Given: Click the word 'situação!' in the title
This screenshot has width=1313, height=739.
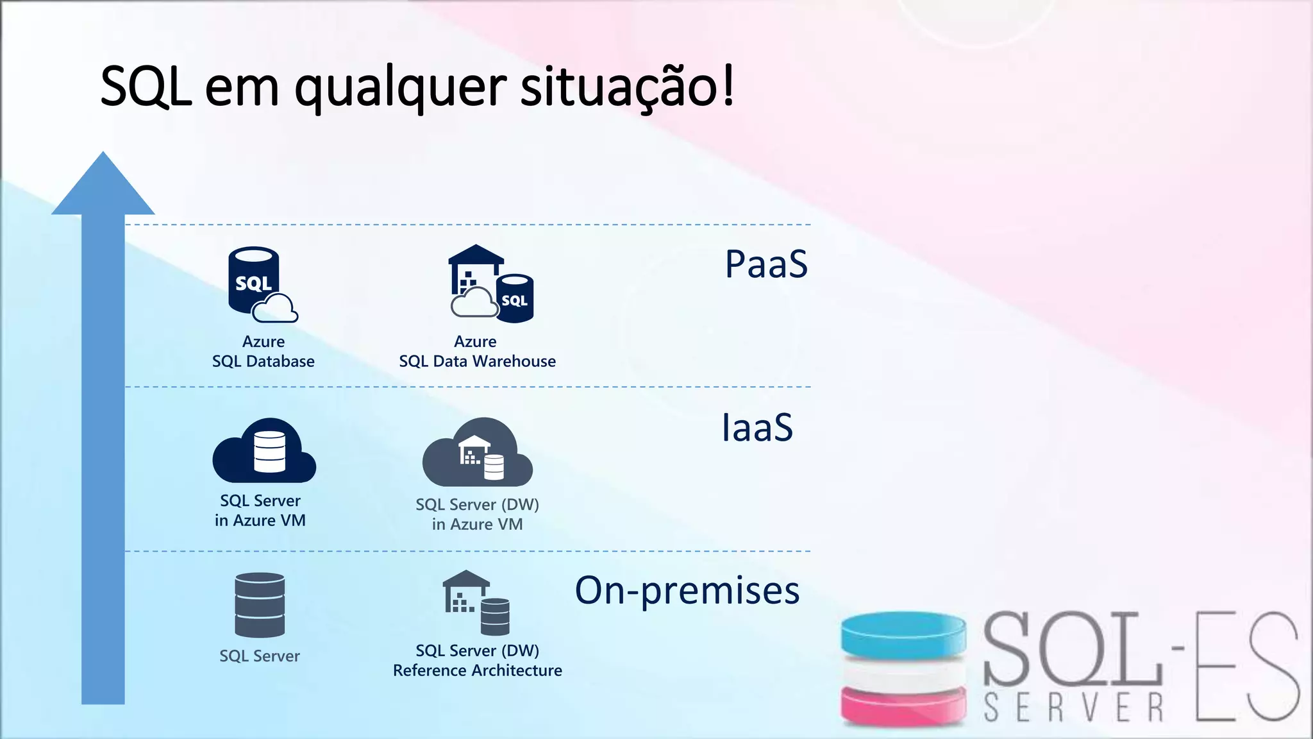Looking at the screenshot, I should click(x=626, y=87).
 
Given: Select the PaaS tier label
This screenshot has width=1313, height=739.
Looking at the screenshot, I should click(x=766, y=264).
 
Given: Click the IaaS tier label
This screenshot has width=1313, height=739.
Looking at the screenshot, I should click(x=757, y=428).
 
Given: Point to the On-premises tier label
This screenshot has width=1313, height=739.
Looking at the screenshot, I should click(x=687, y=590).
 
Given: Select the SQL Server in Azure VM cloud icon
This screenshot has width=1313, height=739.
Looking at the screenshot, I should click(x=264, y=452).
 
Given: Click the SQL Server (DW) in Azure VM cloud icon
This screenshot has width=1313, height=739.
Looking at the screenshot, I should click(x=478, y=452).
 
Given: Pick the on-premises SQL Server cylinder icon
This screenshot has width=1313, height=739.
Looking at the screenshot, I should click(x=260, y=605).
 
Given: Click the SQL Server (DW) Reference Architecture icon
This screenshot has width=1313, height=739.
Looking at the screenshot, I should click(x=476, y=602).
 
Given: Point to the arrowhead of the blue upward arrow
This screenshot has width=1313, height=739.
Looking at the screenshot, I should click(x=103, y=186).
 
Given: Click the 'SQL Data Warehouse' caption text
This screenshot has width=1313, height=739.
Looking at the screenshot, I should click(x=477, y=362).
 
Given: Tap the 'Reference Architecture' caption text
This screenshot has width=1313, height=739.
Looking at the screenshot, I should click(x=477, y=671).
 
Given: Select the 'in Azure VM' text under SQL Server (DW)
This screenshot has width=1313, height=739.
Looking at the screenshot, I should click(x=477, y=525).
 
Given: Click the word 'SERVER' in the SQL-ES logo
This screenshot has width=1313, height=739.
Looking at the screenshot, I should click(x=1074, y=708).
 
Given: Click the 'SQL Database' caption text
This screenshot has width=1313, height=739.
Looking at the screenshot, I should click(x=263, y=362).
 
